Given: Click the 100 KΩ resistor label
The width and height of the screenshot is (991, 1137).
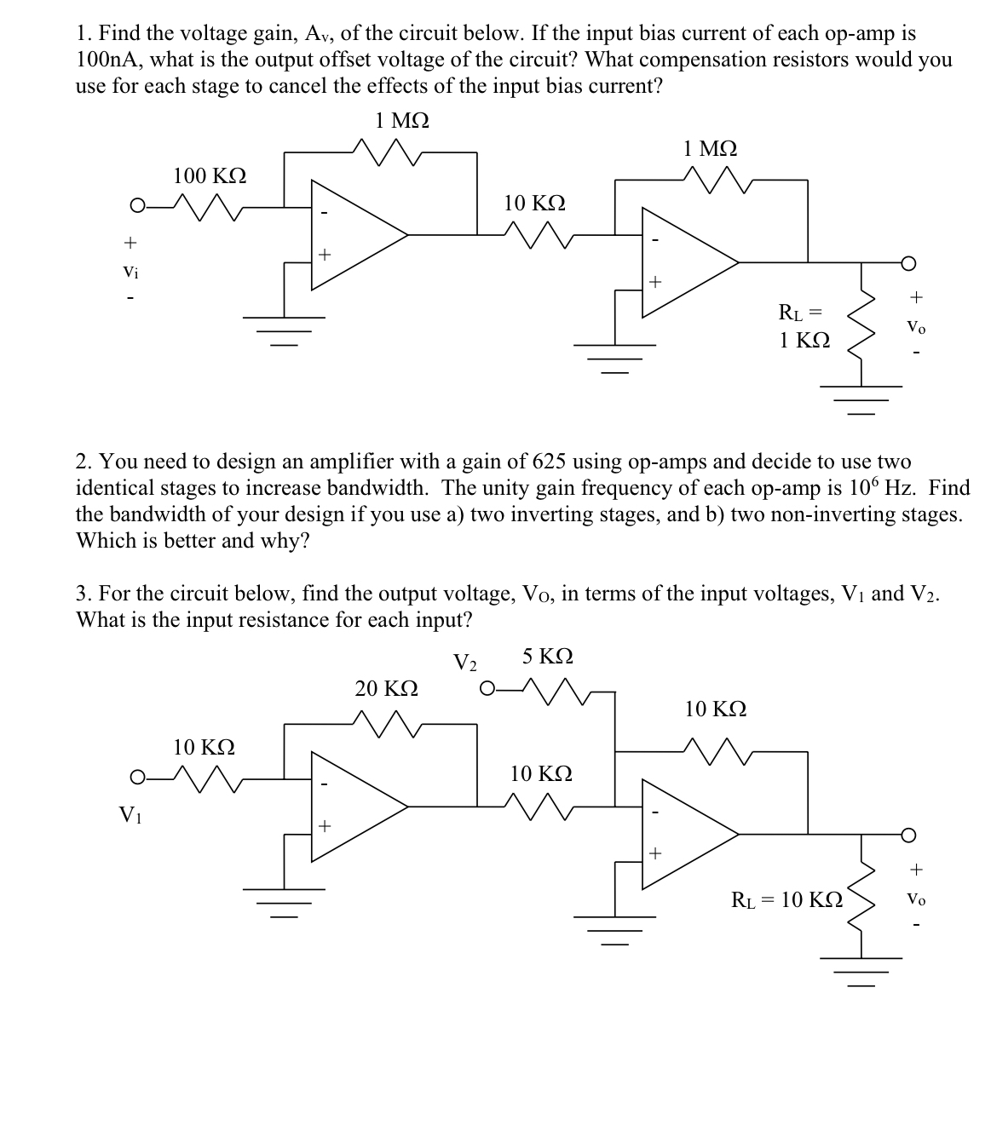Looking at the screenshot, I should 210,176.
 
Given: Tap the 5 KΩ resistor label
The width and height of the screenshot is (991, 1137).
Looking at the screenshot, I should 547,657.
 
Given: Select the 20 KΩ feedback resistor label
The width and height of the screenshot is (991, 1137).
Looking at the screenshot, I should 386,688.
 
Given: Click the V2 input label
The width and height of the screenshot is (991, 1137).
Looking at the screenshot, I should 465,663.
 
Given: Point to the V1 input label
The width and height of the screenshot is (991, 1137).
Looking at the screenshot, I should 130,814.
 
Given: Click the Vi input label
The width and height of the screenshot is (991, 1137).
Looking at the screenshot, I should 130,273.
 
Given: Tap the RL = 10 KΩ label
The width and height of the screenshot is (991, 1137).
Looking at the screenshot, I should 788,899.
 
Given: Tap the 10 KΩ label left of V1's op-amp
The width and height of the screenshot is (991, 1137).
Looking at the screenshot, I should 205,748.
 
